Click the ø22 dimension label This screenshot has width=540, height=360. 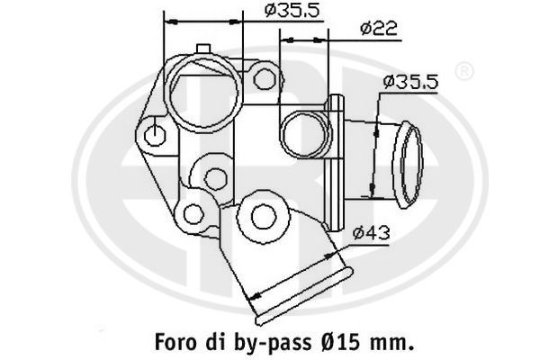click(x=379, y=29)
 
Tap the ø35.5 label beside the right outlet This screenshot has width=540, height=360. click(x=409, y=82)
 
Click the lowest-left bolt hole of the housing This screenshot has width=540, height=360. click(x=192, y=213)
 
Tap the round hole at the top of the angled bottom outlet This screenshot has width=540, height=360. click(x=263, y=216)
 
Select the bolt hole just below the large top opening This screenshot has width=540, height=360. click(x=213, y=177)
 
